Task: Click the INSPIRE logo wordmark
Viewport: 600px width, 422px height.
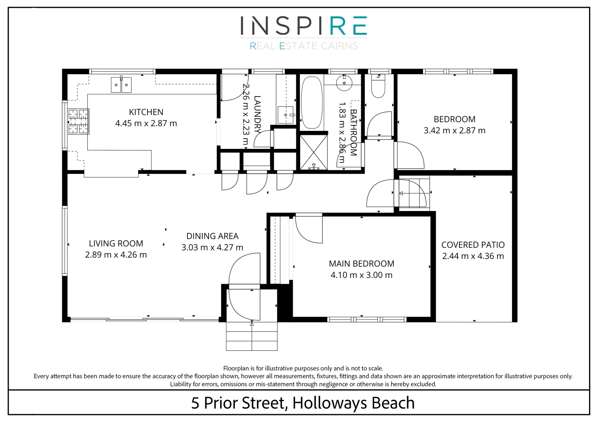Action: point(303,26)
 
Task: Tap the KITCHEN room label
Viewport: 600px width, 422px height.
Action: point(146,112)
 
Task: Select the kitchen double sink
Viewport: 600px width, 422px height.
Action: point(121,85)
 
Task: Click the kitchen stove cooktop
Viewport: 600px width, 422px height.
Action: point(78,122)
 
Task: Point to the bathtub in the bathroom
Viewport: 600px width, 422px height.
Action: point(312,102)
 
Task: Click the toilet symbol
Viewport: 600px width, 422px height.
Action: point(378,86)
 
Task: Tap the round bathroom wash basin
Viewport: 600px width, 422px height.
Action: point(344,83)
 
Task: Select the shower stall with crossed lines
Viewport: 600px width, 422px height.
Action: point(314,152)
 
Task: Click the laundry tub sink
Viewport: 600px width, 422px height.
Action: point(286,114)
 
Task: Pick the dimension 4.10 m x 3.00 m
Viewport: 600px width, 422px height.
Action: point(361,275)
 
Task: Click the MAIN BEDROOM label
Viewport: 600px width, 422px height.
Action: point(361,264)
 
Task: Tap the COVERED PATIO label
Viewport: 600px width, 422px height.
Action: point(473,245)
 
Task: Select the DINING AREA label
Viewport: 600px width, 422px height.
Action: point(212,236)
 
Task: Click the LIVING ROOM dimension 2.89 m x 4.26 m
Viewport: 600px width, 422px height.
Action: point(116,255)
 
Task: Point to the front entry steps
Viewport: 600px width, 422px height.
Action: point(252,336)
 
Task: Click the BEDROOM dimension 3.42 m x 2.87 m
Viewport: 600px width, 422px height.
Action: point(454,131)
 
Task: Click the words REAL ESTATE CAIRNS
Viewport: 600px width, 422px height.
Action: point(304,46)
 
